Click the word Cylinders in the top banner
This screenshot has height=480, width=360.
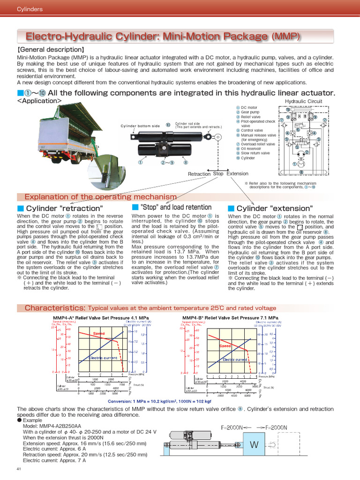pyautogui.click(x=30, y=9)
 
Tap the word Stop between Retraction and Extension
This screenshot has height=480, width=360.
pyautogui.click(x=218, y=174)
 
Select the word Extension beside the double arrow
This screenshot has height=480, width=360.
pyautogui.click(x=237, y=174)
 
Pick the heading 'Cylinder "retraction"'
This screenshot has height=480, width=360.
pyautogui.click(x=64, y=208)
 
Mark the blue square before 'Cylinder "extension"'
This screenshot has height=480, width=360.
pyautogui.click(x=231, y=208)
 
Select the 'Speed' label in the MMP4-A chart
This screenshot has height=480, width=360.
pyautogui.click(x=98, y=333)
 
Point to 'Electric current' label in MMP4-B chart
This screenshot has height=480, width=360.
pyautogui.click(x=235, y=360)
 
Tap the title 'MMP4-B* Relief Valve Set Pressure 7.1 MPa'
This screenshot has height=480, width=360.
pyautogui.click(x=230, y=318)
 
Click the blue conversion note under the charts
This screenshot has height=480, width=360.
pyautogui.click(x=159, y=401)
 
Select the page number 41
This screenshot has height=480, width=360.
pyautogui.click(x=19, y=469)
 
